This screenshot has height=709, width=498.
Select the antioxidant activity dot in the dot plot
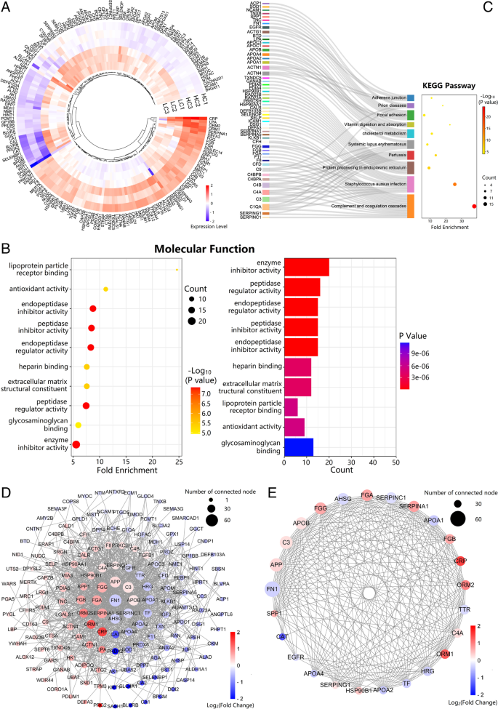coord(106,289)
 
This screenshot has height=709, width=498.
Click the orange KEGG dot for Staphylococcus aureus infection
coord(454,185)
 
